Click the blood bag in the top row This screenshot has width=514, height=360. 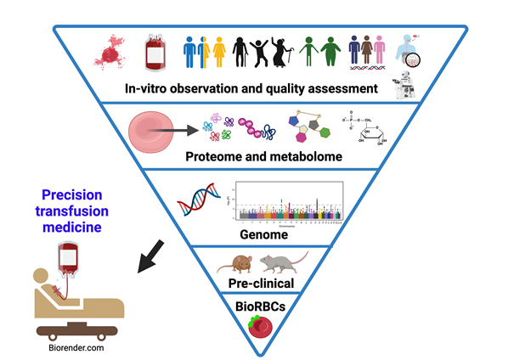pyautogui.click(x=155, y=53)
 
